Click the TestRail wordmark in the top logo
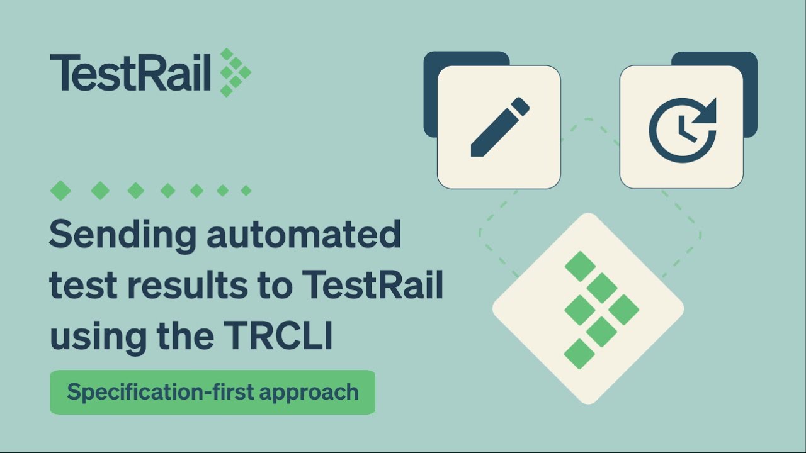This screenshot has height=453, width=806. pyautogui.click(x=130, y=73)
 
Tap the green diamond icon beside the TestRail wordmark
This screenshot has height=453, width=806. pyautogui.click(x=235, y=72)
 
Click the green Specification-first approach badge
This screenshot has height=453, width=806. pyautogui.click(x=213, y=392)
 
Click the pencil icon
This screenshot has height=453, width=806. pyautogui.click(x=499, y=127)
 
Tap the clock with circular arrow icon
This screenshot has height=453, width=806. pyautogui.click(x=681, y=128)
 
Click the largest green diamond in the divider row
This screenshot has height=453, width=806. pyautogui.click(x=61, y=190)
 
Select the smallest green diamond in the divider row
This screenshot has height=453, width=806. pyautogui.click(x=246, y=190)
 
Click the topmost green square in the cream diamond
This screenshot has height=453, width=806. pyautogui.click(x=580, y=266)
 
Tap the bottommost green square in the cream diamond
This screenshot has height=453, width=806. pyautogui.click(x=580, y=354)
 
